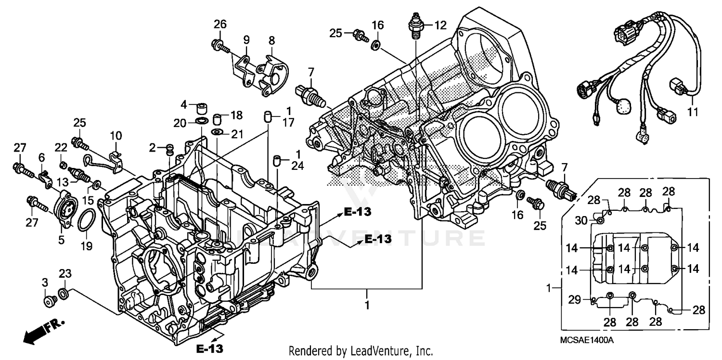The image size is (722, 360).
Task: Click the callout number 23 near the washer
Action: [x=65, y=274]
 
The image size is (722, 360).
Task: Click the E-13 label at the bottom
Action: [x=209, y=347]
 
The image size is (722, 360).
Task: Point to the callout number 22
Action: [x=61, y=147]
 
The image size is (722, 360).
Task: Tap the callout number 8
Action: [x=272, y=39]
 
